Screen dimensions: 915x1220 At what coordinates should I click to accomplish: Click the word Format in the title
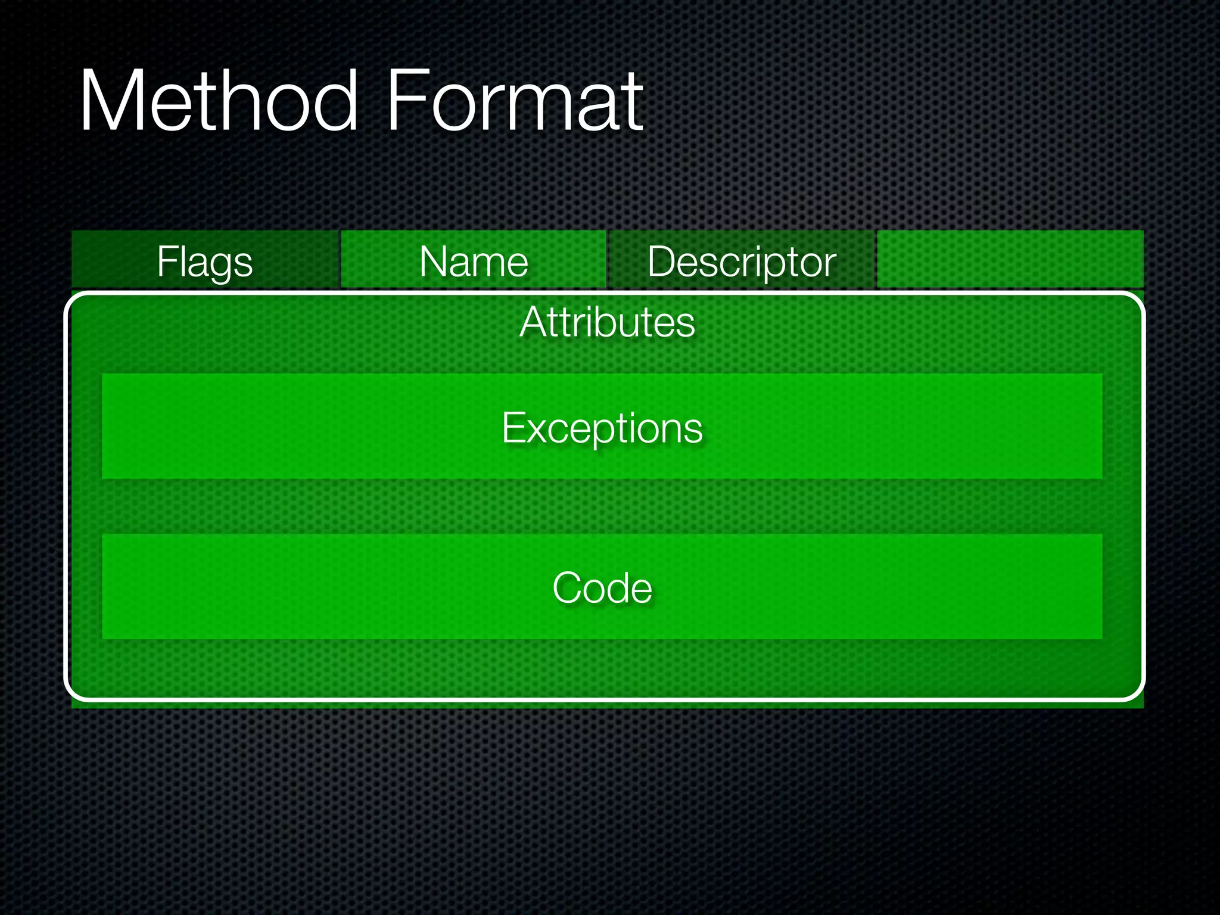[x=515, y=101]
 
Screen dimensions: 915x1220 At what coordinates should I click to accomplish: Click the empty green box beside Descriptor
[x=1010, y=259]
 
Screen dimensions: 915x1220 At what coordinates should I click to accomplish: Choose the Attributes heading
[x=607, y=322]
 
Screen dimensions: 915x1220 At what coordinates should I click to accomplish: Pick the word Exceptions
[x=602, y=428]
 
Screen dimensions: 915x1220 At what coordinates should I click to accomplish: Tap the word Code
[x=602, y=588]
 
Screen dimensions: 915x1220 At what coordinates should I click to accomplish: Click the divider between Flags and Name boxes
[x=340, y=259]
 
